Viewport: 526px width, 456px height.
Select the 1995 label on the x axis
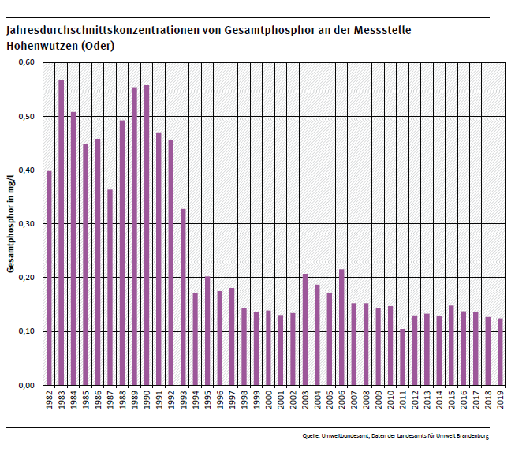[x=207, y=402]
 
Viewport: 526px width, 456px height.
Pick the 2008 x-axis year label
[x=366, y=402]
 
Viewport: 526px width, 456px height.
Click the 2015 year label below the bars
[x=451, y=402]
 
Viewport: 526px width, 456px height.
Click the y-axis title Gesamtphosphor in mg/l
[x=11, y=224]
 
